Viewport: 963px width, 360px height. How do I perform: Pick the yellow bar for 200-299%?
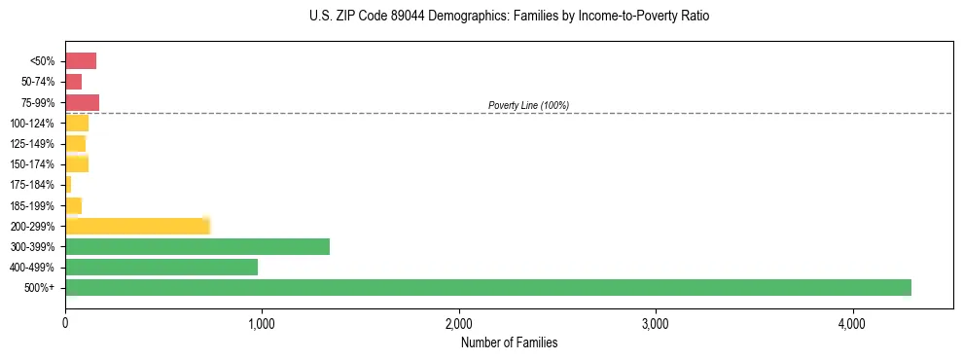(137, 226)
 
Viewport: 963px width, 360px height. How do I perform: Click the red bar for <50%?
(81, 61)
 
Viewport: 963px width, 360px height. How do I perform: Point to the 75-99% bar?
(82, 102)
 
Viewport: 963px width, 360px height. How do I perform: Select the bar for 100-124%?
(77, 123)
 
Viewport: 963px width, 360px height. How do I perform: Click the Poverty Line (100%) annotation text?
(528, 105)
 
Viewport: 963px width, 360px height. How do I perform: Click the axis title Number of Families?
(509, 342)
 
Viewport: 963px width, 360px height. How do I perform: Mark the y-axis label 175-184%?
(36, 185)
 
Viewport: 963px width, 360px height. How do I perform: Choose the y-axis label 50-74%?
(39, 82)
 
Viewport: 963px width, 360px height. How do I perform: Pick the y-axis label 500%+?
(41, 288)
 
